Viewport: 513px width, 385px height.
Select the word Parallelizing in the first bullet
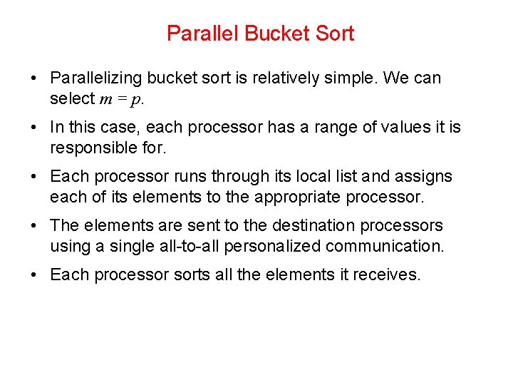click(x=96, y=78)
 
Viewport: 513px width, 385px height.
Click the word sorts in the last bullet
click(x=192, y=275)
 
